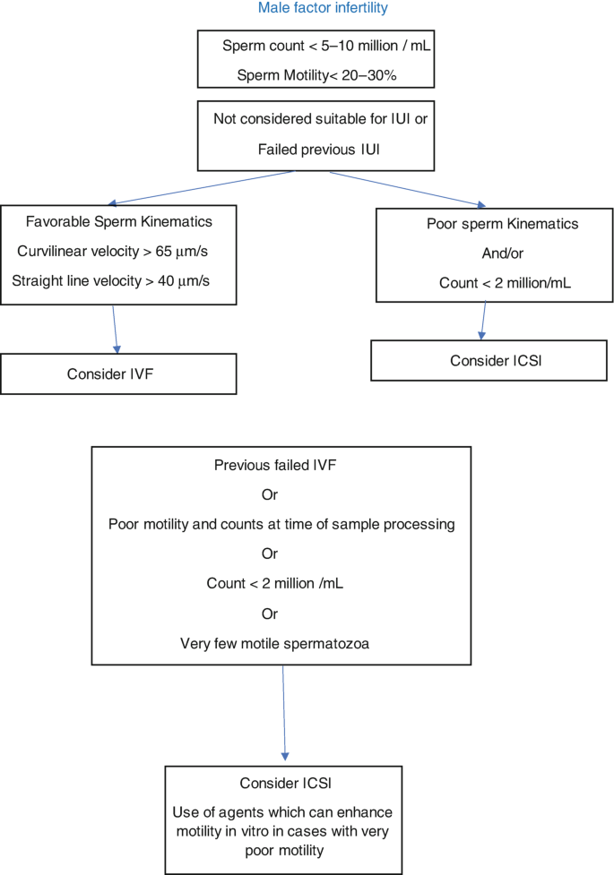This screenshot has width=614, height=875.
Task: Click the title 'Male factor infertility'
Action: (x=323, y=8)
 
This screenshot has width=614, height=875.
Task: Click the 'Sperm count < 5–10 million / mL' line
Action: (x=326, y=46)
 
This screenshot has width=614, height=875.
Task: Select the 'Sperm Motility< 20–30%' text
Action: (x=316, y=75)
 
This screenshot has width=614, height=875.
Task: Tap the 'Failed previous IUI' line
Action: (x=318, y=150)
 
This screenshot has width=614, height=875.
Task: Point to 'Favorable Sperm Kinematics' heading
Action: (x=119, y=221)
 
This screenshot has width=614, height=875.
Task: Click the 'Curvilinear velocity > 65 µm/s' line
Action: (x=112, y=252)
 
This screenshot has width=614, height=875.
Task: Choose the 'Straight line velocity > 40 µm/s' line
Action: (x=110, y=281)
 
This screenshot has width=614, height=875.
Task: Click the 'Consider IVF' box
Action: (x=118, y=373)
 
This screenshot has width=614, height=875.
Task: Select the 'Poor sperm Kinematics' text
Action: (x=502, y=224)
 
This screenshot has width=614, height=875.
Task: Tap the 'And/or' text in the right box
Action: (x=502, y=254)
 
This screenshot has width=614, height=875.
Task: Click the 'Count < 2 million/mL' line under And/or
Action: (x=505, y=284)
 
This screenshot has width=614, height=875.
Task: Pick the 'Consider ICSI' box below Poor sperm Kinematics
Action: (x=489, y=361)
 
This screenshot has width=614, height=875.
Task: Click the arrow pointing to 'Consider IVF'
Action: (x=115, y=330)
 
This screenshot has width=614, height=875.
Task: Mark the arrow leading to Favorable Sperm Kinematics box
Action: (x=201, y=188)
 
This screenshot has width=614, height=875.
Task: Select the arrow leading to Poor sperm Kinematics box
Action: (x=408, y=190)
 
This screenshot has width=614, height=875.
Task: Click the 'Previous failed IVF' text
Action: (x=275, y=466)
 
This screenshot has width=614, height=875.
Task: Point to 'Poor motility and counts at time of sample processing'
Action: (x=281, y=525)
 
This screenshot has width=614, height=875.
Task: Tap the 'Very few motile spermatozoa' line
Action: (x=274, y=644)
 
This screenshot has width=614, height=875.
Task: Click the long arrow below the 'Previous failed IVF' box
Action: (x=284, y=713)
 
